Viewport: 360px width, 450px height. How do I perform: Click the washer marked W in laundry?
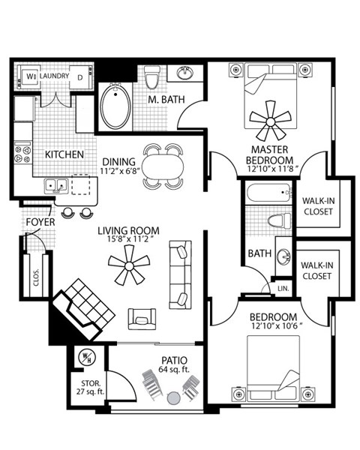tap(30, 76)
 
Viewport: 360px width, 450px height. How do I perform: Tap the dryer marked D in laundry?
tap(79, 76)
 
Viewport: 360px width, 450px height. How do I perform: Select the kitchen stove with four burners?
tap(22, 154)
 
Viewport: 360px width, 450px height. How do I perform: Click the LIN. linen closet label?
tap(283, 288)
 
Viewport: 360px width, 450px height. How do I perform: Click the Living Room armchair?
tap(142, 319)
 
